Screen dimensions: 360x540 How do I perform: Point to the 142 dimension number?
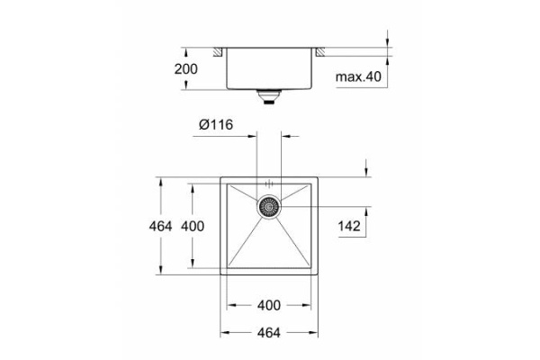coord(350,227)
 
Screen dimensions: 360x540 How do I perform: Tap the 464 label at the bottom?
coord(268,332)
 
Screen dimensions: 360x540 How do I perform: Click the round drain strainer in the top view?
coord(269,207)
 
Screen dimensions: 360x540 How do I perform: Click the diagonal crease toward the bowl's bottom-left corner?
coord(243,244)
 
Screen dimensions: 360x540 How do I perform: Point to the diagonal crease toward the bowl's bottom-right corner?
coord(293,244)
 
